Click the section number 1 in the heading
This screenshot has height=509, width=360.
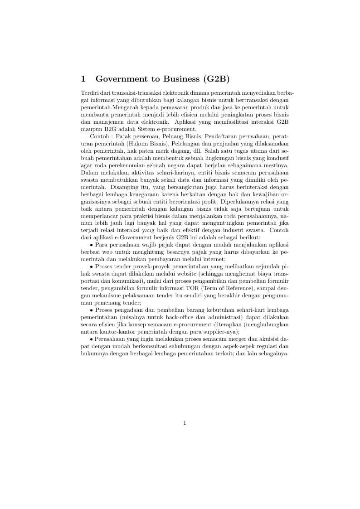click(x=83, y=79)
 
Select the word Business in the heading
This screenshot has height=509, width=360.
click(x=175, y=79)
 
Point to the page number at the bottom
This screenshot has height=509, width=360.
click(x=185, y=423)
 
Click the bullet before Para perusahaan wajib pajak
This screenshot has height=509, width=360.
click(x=92, y=245)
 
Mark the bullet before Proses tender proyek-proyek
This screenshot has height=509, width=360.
click(x=92, y=267)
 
